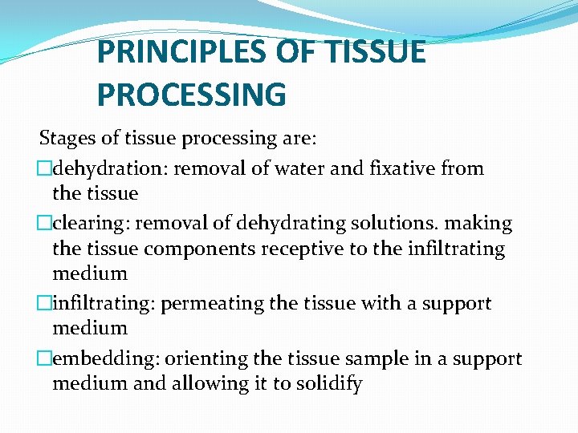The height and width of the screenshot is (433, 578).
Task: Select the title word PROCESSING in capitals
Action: [x=191, y=94]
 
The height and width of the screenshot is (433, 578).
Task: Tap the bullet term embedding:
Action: [x=98, y=358]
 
